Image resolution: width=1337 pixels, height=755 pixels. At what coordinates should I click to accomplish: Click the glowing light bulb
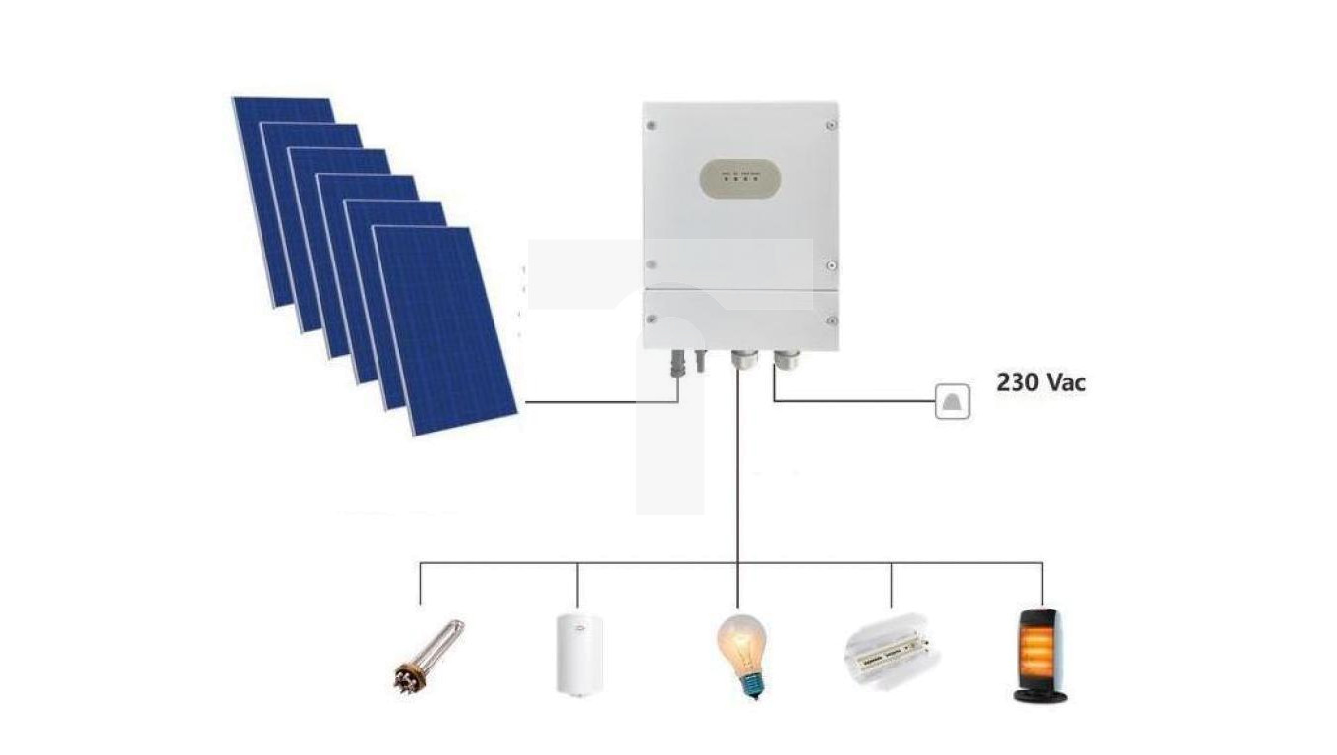click(740, 643)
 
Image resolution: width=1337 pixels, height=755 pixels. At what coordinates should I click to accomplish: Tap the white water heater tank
click(576, 653)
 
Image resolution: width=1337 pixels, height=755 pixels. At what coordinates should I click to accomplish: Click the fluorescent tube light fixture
click(891, 649)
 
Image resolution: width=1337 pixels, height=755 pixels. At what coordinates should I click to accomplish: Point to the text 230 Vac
click(1041, 382)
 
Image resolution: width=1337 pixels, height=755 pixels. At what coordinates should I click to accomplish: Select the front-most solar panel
click(444, 329)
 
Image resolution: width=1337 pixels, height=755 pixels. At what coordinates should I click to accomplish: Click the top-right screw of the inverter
click(831, 125)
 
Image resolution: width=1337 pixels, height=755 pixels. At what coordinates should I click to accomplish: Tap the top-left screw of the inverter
click(651, 125)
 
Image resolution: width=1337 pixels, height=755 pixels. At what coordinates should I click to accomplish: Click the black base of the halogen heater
click(1040, 695)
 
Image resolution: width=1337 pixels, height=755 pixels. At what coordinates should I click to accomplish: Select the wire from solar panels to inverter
click(600, 402)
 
